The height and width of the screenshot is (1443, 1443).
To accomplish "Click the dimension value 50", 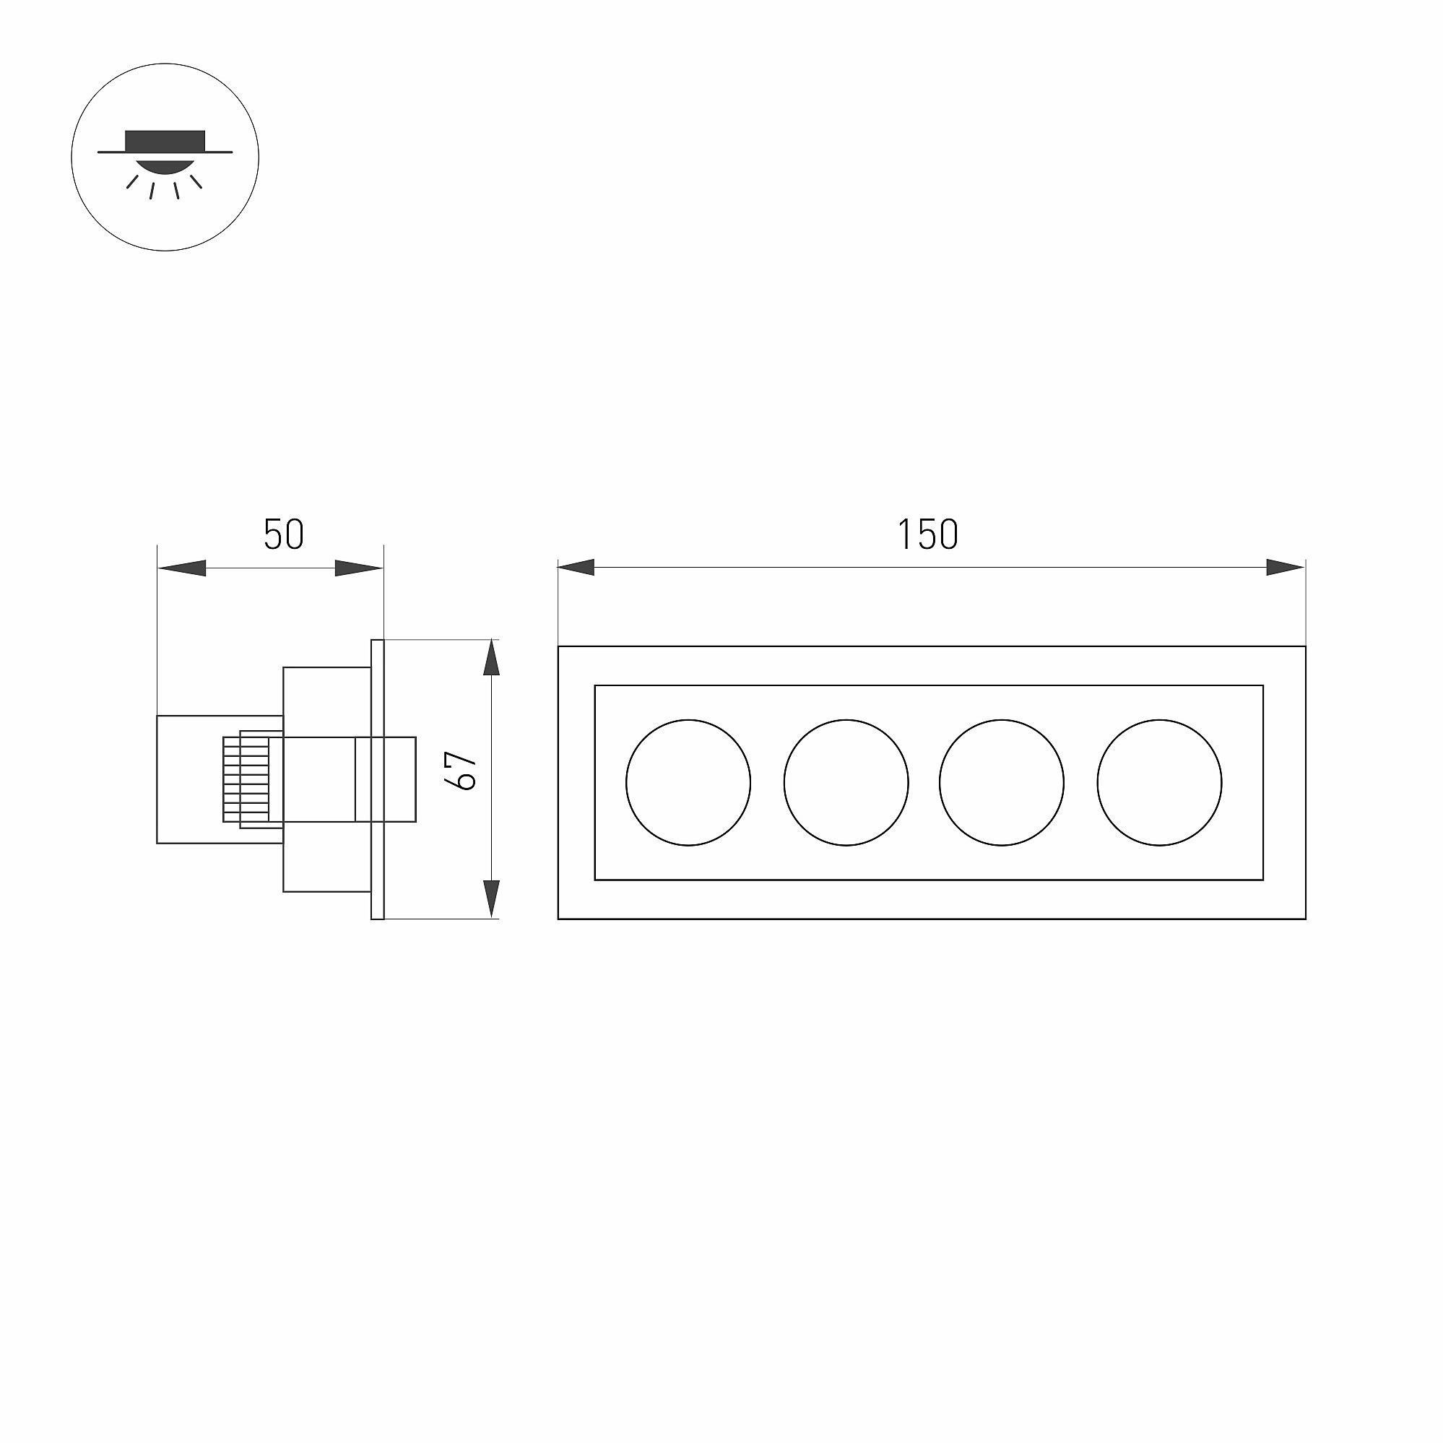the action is click(284, 534).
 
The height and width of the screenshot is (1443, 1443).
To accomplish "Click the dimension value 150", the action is click(927, 534).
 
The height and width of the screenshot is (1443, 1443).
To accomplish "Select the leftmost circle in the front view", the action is click(626, 783).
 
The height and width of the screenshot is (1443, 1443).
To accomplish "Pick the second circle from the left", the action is click(784, 783).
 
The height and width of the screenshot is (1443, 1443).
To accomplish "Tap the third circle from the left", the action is click(939, 783).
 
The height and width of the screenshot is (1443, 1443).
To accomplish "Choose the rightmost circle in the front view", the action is click(1097, 783).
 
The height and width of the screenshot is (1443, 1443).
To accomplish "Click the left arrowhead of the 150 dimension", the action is click(576, 568).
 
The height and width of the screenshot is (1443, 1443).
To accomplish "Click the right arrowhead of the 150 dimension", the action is click(1286, 568).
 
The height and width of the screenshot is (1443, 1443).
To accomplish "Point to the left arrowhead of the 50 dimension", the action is click(181, 568).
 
